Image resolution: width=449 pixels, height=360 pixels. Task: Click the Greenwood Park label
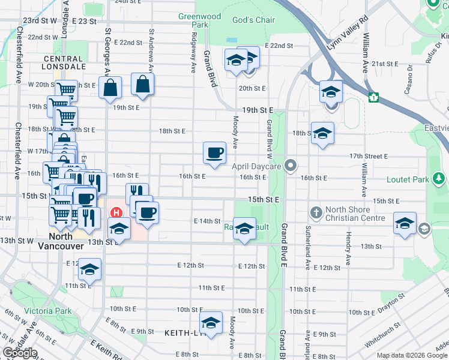point(193,20)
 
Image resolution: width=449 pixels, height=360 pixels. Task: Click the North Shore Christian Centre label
point(355,214)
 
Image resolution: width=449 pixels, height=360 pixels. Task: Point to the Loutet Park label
point(412,179)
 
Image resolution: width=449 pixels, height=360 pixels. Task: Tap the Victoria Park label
point(47,311)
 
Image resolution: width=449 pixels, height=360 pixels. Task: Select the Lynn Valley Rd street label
point(346,37)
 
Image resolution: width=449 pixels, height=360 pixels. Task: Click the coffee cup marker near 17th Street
point(214,153)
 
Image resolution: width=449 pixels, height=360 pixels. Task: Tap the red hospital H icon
point(116,212)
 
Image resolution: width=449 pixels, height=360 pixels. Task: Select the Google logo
point(20,353)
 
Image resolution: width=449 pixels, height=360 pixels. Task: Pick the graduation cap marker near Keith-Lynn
point(211,322)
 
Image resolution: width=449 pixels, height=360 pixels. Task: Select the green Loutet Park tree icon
point(440,179)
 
